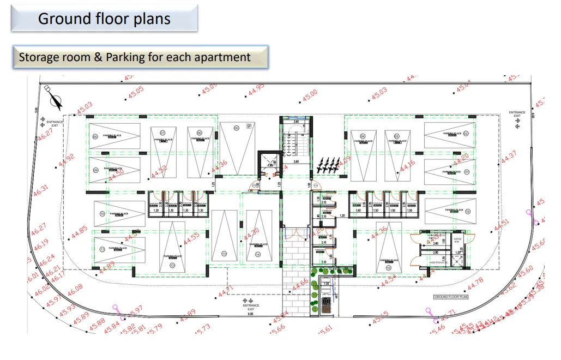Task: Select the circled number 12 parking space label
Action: point(172,266)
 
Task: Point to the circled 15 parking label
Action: point(388,268)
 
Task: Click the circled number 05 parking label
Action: point(237,129)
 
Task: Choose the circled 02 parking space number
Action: point(466,134)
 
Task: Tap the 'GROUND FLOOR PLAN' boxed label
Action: point(451,297)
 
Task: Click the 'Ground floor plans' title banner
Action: point(104,19)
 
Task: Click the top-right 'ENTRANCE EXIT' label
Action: point(517,115)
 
